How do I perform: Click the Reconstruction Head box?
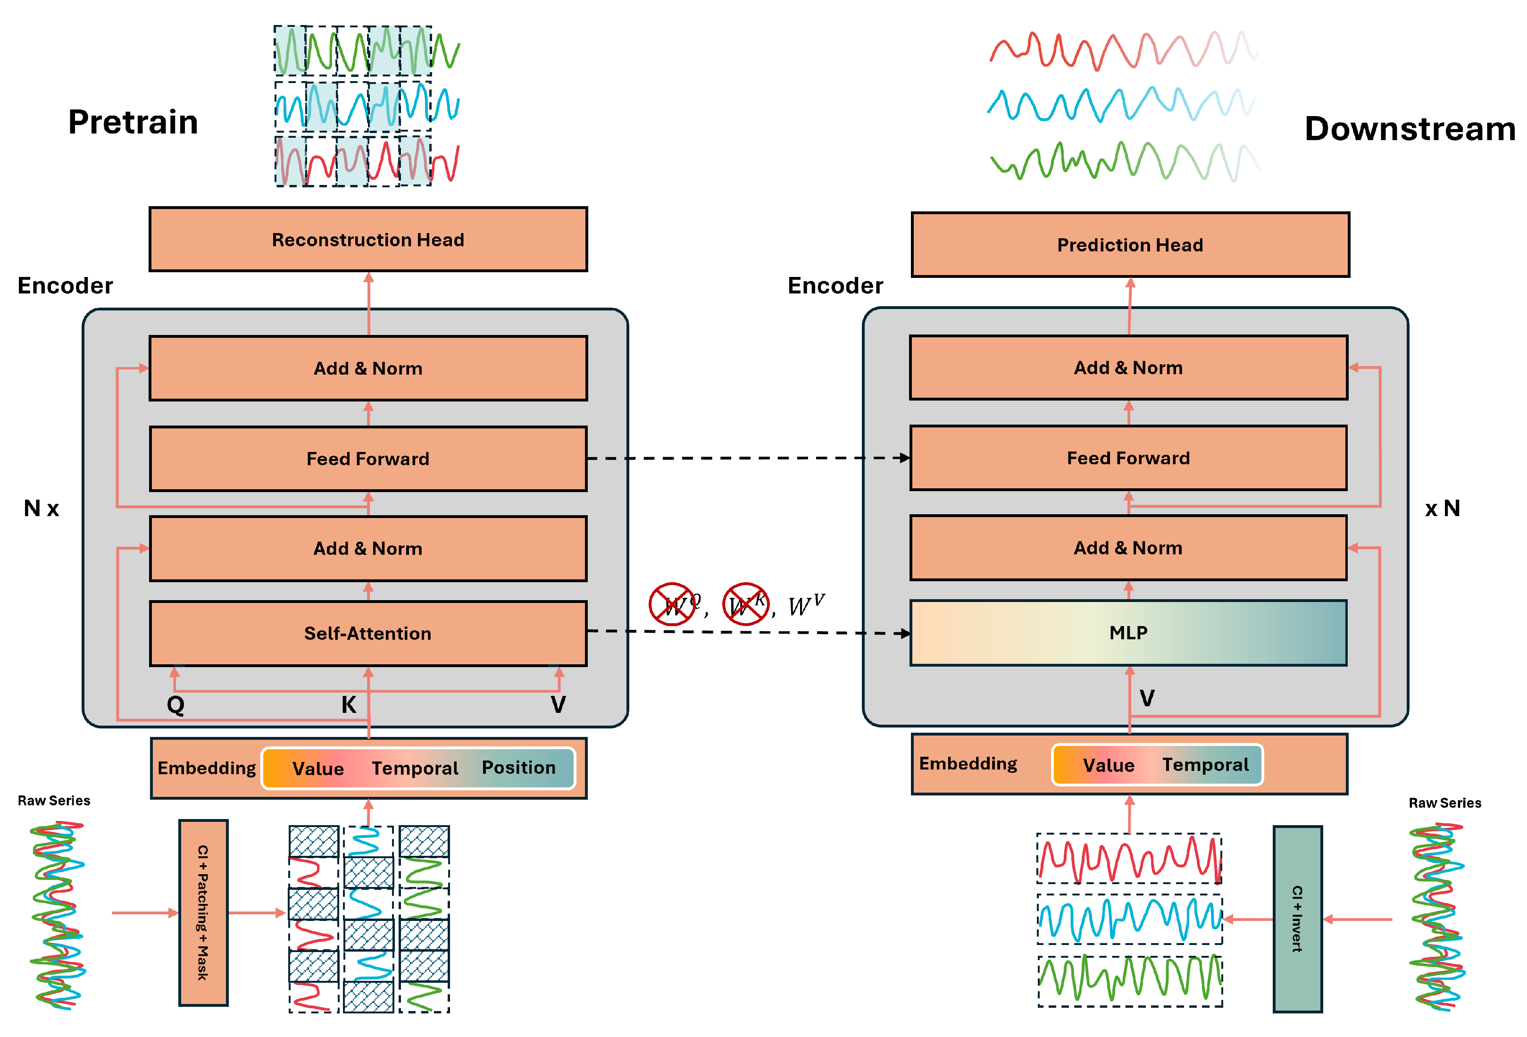tap(368, 239)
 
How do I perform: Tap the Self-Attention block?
tap(368, 633)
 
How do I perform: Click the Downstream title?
tap(1410, 128)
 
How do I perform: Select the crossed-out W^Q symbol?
tap(672, 603)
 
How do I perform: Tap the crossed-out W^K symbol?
tap(746, 603)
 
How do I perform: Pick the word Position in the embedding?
tap(518, 768)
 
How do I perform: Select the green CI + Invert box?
tap(1297, 919)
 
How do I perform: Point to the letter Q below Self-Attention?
tap(175, 704)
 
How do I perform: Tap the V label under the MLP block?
tap(1147, 698)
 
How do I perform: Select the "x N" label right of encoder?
tap(1442, 508)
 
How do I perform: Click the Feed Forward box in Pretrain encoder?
tap(368, 458)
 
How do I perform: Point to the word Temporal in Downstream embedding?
tap(1205, 764)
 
